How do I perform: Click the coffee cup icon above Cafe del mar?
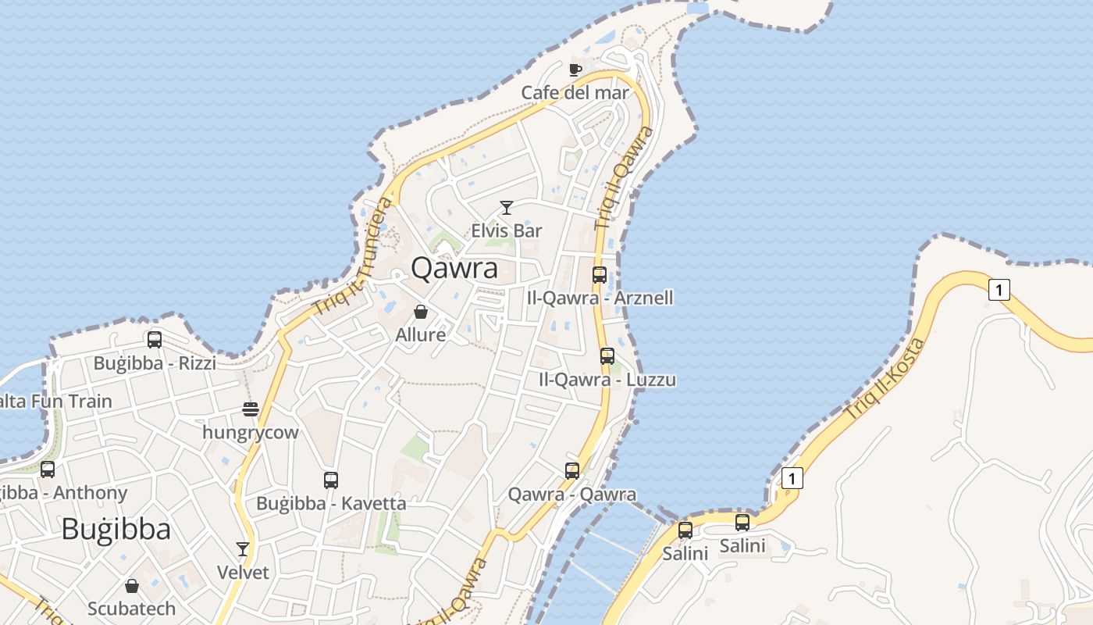tap(575, 70)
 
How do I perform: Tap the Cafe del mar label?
tap(575, 93)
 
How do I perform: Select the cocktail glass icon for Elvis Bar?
tap(507, 207)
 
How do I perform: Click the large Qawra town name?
tap(454, 268)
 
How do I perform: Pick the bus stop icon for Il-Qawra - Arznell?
tap(600, 274)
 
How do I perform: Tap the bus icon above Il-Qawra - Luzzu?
tap(607, 356)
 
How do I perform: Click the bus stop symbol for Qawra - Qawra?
tap(572, 470)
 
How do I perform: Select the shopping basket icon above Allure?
tap(421, 312)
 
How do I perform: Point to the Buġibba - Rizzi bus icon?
tap(155, 340)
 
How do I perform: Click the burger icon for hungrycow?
tap(250, 409)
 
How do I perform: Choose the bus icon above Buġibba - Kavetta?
tap(331, 480)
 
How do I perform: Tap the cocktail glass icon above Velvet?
tap(243, 549)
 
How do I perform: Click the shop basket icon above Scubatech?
tap(131, 585)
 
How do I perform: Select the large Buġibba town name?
tap(116, 530)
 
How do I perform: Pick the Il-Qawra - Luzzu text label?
tap(607, 380)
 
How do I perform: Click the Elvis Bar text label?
tap(507, 230)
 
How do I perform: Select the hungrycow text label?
tap(250, 432)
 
